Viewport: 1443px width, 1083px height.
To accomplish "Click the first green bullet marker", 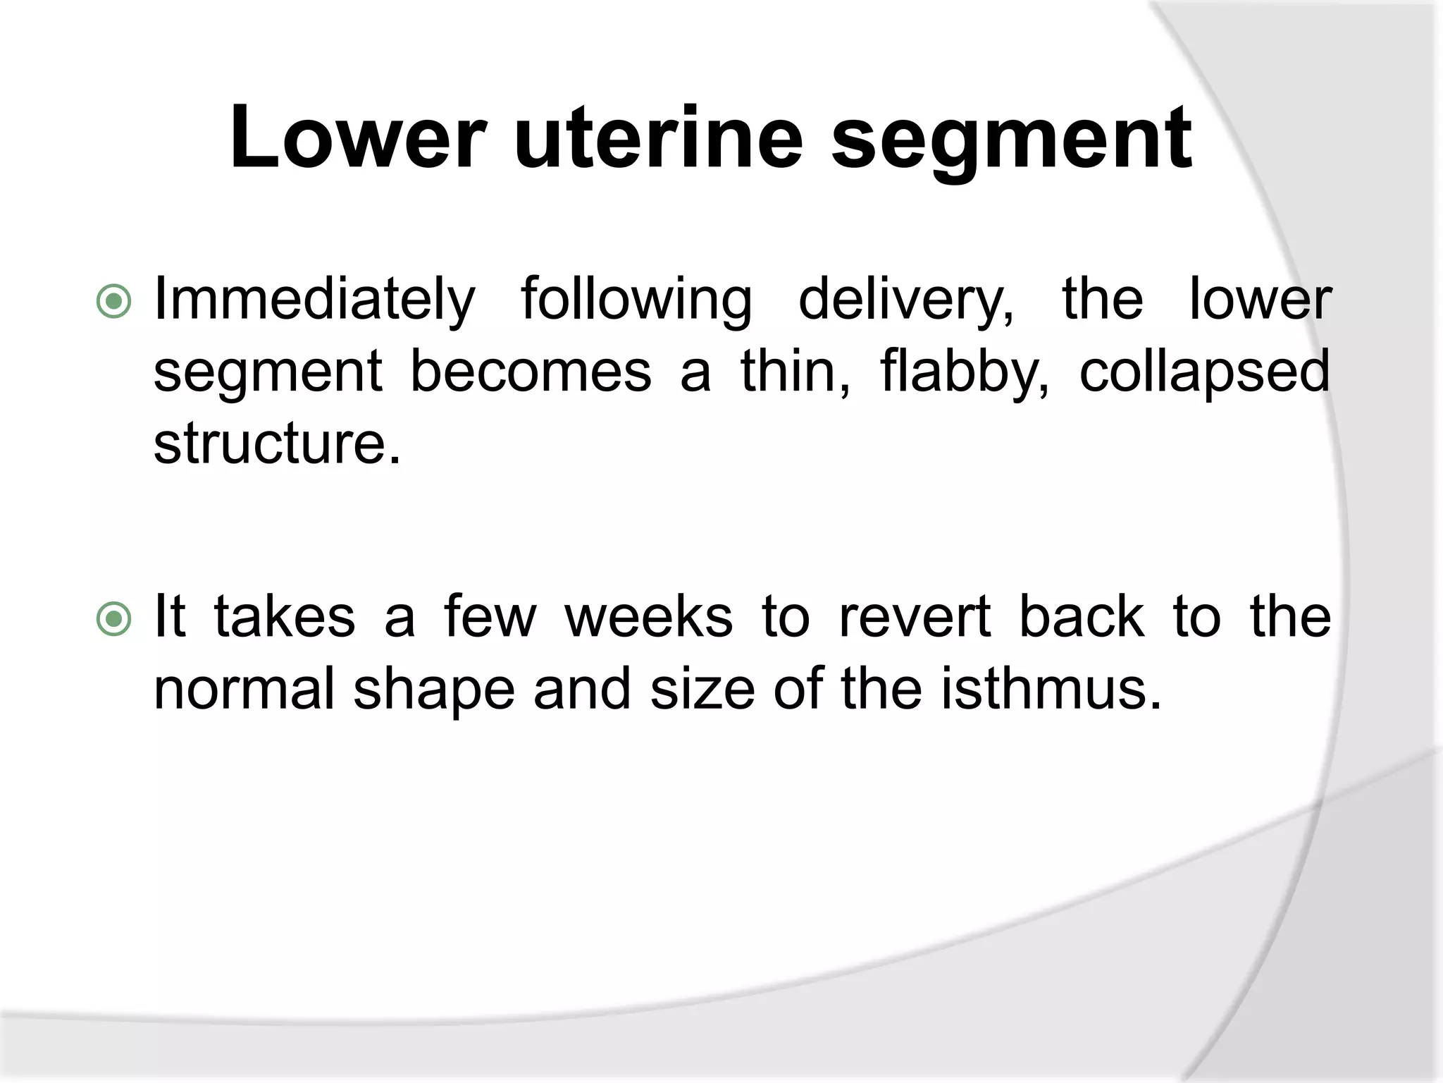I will point(113,302).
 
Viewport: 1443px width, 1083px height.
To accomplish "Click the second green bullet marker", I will point(113,619).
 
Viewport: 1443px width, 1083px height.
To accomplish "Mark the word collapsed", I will point(1204,374).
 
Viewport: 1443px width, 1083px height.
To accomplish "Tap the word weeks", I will point(648,618).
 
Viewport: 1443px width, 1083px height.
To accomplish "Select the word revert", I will point(914,618).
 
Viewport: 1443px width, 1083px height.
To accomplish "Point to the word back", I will point(1082,618).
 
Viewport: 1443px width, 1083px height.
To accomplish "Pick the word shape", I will point(434,691).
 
